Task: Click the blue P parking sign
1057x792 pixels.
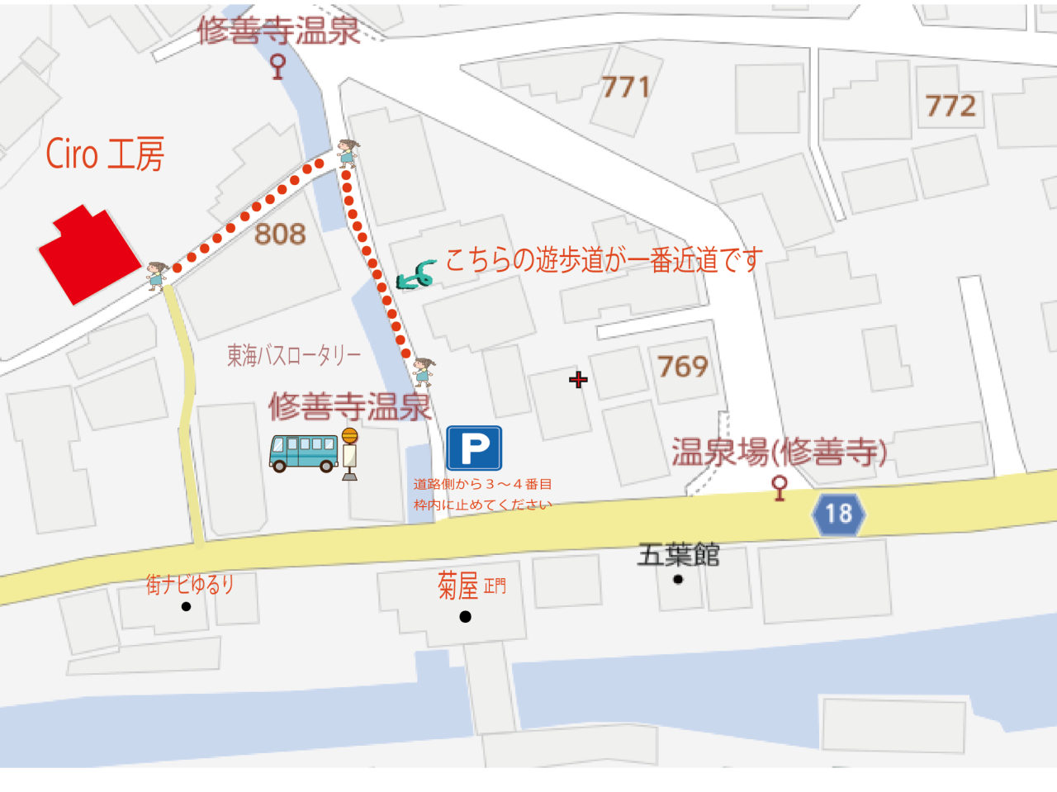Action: click(474, 448)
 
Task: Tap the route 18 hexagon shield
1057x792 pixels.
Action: click(838, 514)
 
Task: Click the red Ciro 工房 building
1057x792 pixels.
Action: click(88, 254)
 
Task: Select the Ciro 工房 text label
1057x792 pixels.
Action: click(105, 154)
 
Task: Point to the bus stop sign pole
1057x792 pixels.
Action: click(350, 455)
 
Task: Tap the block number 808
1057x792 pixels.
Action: click(280, 235)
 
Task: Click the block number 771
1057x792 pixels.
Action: click(625, 87)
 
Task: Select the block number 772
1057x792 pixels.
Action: click(950, 106)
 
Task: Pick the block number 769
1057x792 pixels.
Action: click(683, 366)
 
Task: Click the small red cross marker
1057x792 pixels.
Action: click(578, 379)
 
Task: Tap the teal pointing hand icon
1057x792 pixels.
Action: click(416, 275)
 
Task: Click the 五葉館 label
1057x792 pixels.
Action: click(678, 554)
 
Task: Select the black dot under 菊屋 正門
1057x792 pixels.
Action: click(466, 616)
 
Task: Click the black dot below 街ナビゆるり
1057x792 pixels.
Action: click(186, 606)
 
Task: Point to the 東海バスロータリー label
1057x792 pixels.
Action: click(294, 355)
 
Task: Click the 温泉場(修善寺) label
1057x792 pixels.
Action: click(779, 452)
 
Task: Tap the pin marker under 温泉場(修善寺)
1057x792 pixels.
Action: click(779, 487)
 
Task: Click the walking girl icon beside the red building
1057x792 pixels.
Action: click(156, 275)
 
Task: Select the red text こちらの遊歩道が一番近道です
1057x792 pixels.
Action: click(604, 260)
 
